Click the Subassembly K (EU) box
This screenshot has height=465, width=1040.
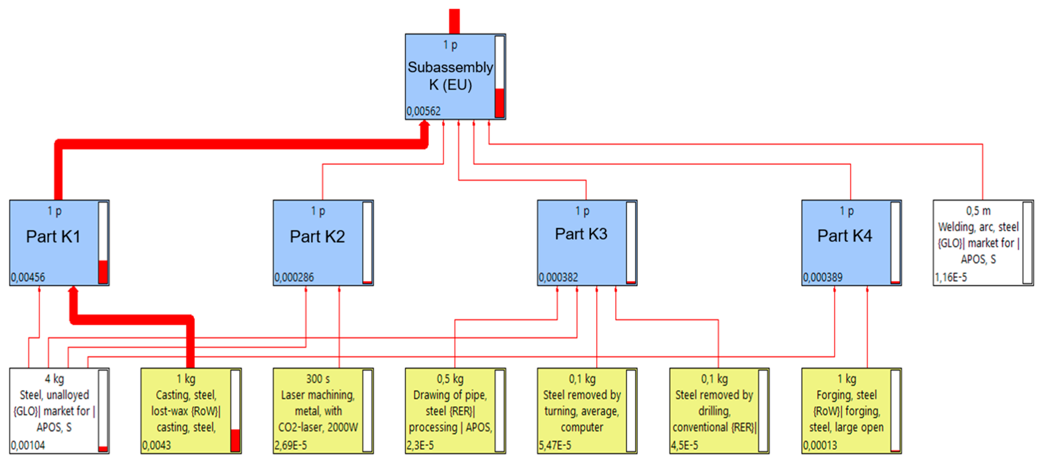(x=450, y=76)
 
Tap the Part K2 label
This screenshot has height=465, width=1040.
(x=317, y=237)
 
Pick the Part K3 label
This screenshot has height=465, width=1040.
(x=581, y=234)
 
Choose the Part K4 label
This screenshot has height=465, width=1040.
(x=845, y=236)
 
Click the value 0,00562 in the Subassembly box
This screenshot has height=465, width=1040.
(x=423, y=111)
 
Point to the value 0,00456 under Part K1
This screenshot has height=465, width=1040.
(x=28, y=277)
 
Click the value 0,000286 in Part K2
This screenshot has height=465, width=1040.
(x=294, y=277)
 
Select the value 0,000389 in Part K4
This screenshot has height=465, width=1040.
(x=822, y=277)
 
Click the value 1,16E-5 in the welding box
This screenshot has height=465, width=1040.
(x=951, y=277)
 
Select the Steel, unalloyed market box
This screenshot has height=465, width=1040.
(x=54, y=411)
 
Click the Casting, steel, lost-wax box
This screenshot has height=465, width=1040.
(x=186, y=411)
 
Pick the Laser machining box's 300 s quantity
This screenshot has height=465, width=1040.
(x=318, y=379)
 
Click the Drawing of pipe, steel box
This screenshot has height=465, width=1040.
(x=450, y=411)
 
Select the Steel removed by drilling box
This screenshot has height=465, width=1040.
(x=714, y=411)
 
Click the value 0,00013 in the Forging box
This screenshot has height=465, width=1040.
(x=820, y=445)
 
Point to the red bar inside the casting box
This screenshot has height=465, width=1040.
(x=235, y=440)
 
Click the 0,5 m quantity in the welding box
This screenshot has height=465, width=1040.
(x=978, y=211)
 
